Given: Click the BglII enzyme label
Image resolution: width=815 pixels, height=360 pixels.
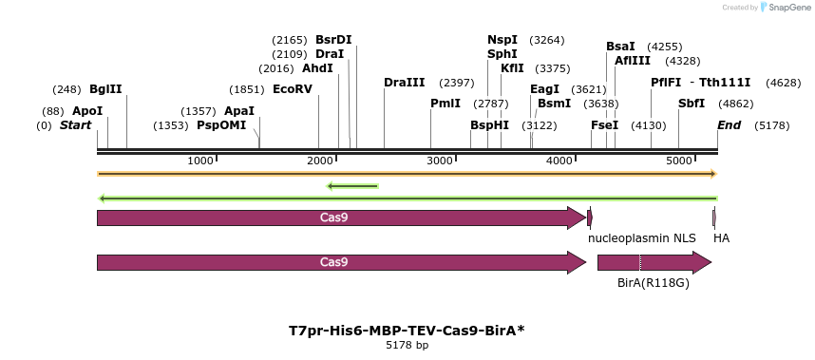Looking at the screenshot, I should [105, 89].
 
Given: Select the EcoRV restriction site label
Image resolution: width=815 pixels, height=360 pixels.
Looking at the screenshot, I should [293, 89].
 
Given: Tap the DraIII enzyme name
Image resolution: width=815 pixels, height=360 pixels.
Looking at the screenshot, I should [405, 83].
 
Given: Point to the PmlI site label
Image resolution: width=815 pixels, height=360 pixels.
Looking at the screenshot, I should [445, 104].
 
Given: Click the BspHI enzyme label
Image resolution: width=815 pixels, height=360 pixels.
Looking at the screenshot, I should [490, 125].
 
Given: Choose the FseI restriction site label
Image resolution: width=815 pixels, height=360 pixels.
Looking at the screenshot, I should [605, 125].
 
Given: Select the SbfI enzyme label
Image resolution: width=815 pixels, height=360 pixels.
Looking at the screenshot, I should [692, 104].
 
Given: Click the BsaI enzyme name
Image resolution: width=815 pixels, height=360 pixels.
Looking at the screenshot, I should [620, 47].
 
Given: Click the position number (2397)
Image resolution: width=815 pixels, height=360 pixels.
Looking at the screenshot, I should [456, 83].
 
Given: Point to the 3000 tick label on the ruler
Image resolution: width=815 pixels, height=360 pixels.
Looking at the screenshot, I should [439, 161].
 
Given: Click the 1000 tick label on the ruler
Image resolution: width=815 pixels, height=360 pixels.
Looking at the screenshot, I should [199, 161].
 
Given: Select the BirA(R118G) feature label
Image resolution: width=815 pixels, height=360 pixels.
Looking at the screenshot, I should [654, 283].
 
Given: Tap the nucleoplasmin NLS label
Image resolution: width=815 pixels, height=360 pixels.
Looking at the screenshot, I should [642, 237].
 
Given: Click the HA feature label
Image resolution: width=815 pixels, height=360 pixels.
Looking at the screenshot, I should [722, 237].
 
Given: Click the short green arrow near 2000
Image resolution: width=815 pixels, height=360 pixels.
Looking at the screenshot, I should [352, 186].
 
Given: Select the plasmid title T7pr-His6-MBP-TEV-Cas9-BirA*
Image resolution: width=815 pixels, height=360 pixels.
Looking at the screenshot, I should [407, 331].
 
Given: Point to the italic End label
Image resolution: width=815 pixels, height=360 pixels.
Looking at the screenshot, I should [730, 125].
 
